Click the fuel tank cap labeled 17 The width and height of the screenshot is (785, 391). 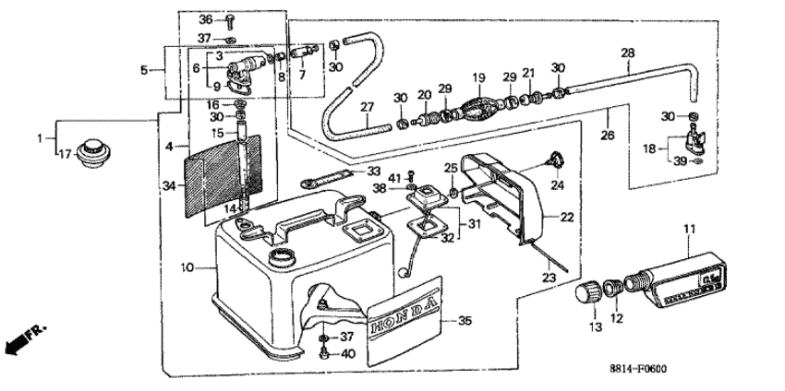[93, 153]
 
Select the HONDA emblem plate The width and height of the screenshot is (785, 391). [405, 322]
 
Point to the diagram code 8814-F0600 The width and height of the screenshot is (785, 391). [638, 370]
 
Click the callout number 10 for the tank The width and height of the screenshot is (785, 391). [187, 268]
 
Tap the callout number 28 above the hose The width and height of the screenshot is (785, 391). [627, 53]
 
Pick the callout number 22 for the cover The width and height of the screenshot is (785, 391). [567, 218]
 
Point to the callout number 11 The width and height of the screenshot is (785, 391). [690, 230]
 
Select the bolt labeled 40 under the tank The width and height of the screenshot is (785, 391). [324, 354]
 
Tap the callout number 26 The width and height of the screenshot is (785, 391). [608, 135]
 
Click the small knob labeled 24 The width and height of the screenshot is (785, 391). [555, 160]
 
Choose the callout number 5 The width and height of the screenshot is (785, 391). [144, 70]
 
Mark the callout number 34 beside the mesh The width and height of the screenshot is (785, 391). [169, 186]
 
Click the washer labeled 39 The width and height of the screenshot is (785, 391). [694, 161]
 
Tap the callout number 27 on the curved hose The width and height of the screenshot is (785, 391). [367, 107]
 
